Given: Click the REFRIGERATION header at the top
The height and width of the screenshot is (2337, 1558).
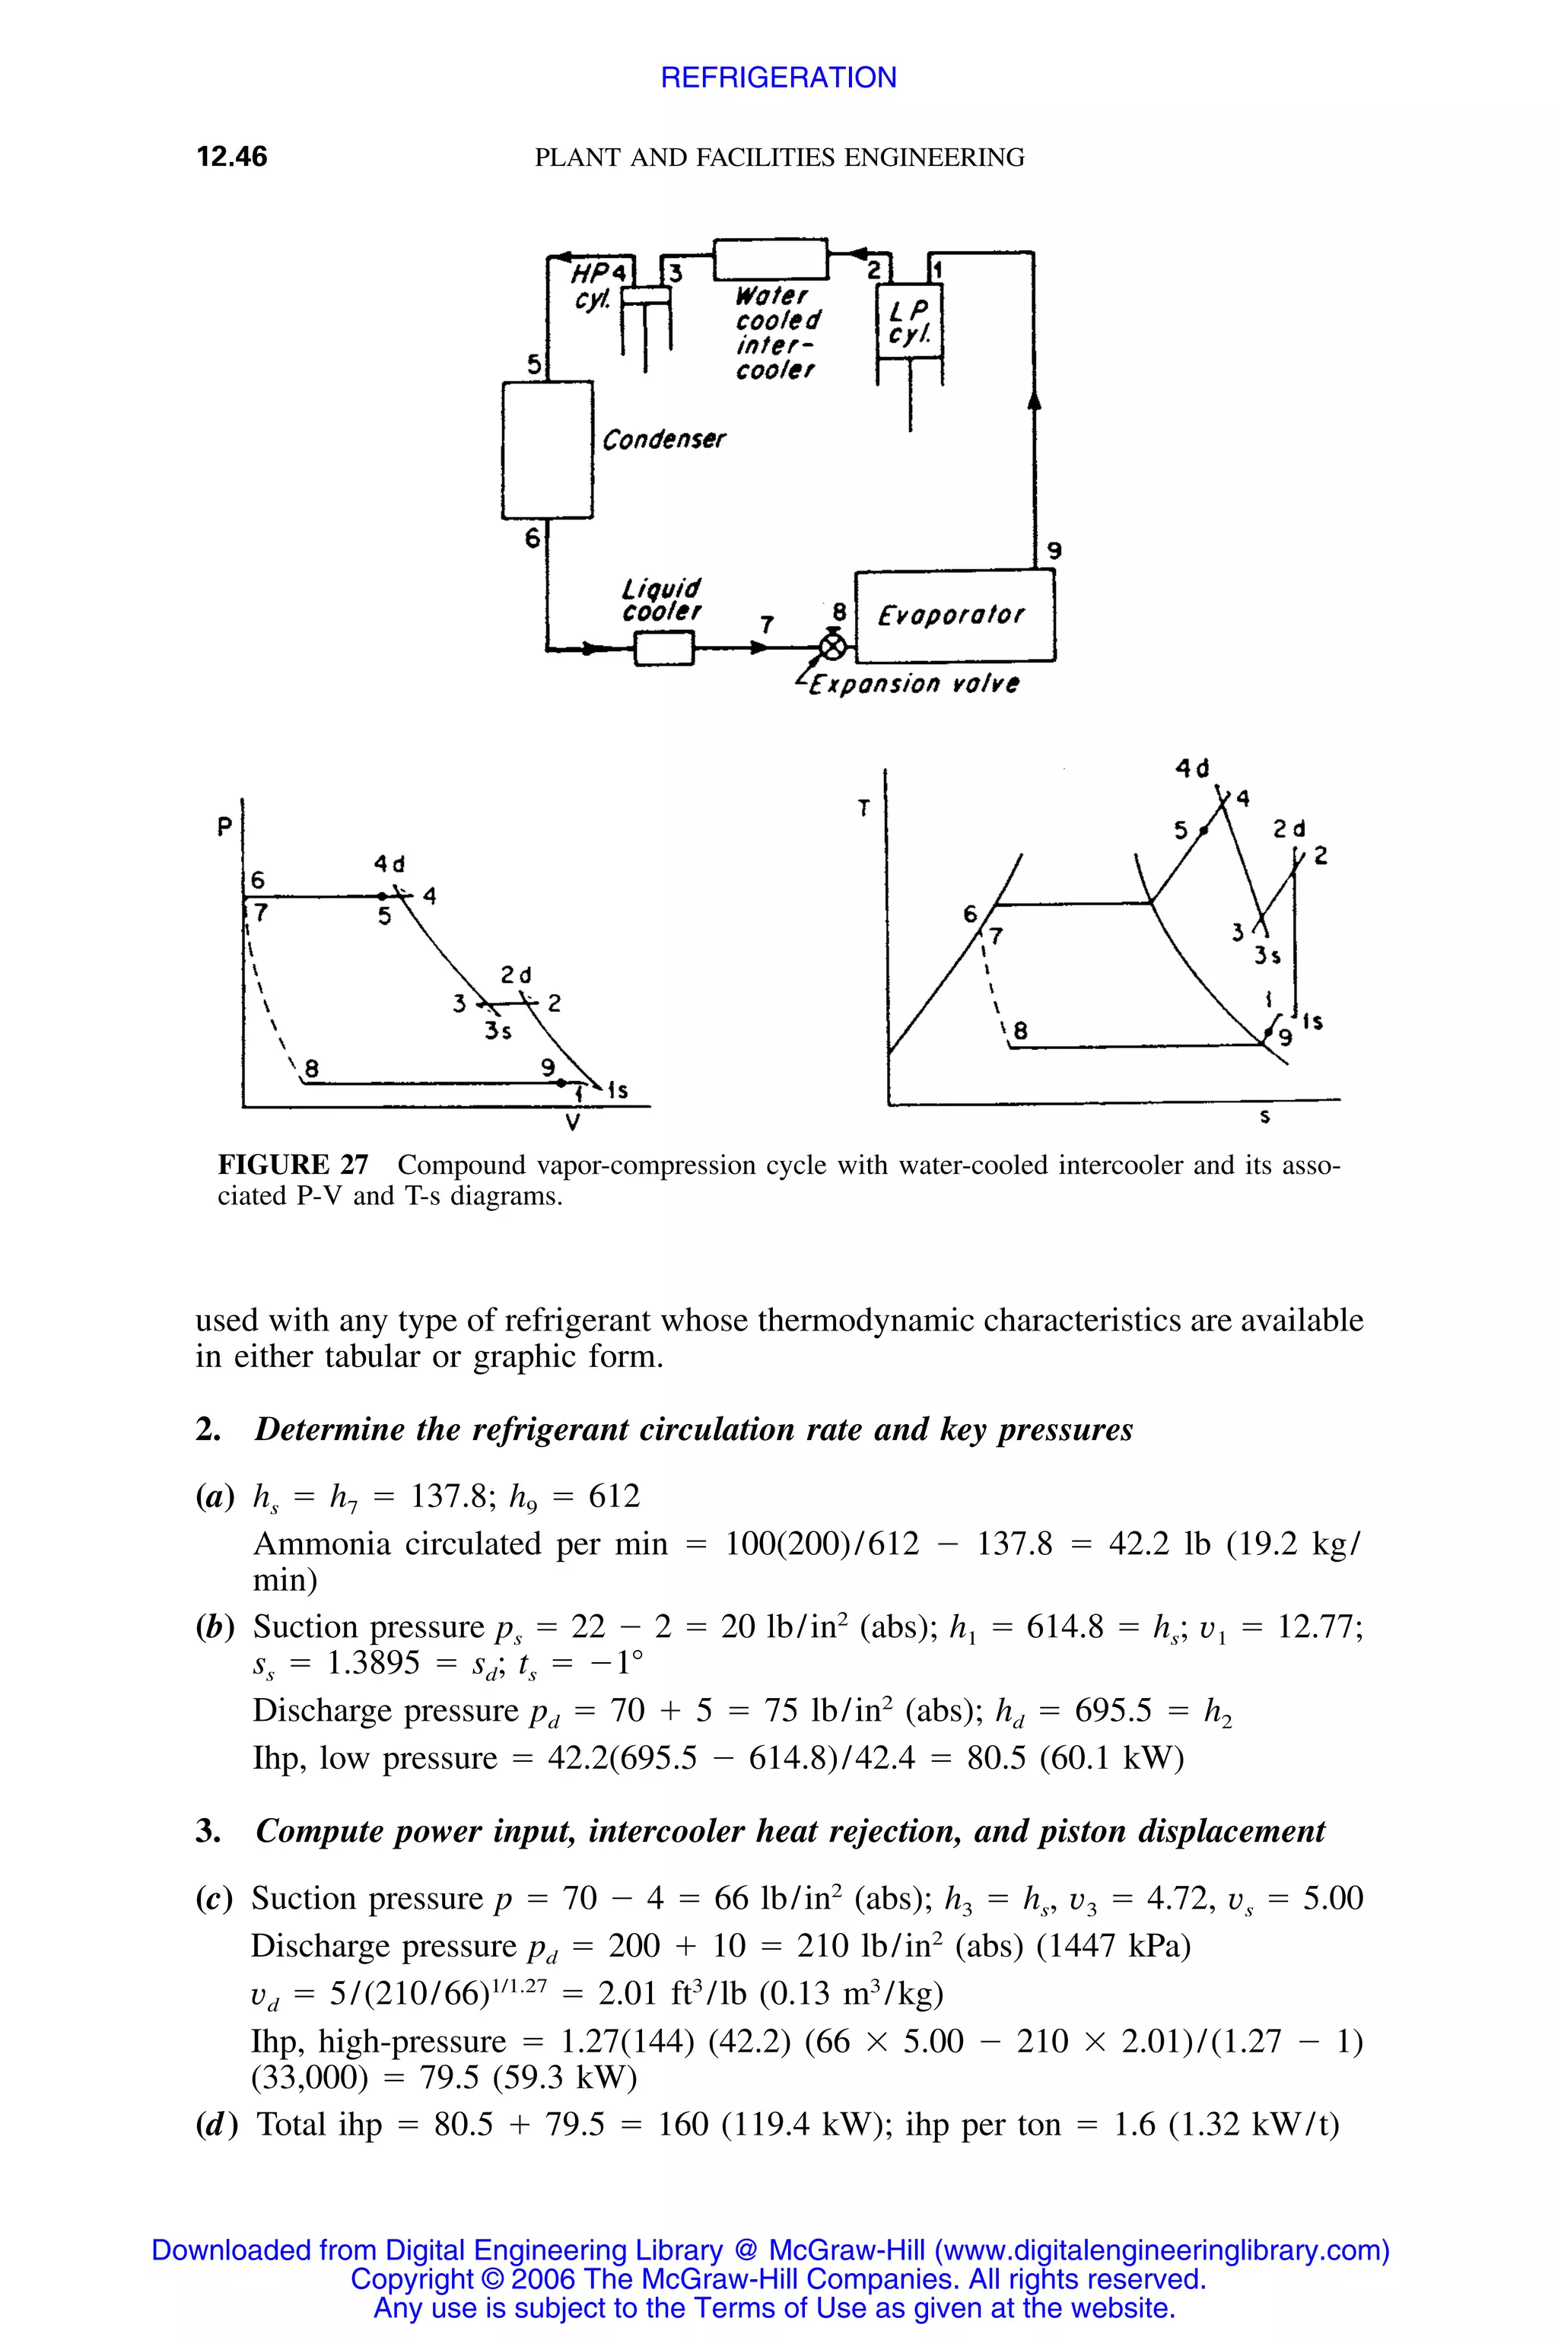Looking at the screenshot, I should (x=778, y=78).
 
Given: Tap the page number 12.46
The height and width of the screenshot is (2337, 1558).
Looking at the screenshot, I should (x=231, y=157).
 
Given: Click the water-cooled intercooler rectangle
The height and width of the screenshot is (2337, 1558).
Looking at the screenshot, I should (x=771, y=259).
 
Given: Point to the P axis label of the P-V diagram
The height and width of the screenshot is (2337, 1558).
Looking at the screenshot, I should (x=224, y=825).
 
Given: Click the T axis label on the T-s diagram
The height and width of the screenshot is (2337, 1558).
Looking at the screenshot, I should (x=863, y=809).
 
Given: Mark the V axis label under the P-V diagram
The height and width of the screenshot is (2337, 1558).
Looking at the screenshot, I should (x=572, y=1124).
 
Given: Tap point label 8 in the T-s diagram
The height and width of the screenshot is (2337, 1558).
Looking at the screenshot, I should (x=1019, y=1032).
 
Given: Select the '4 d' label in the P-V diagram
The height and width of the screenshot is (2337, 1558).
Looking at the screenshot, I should (x=389, y=863).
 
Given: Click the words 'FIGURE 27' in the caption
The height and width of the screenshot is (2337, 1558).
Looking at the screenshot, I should (x=293, y=1165).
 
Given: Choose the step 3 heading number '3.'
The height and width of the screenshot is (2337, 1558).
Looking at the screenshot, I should (x=208, y=1830).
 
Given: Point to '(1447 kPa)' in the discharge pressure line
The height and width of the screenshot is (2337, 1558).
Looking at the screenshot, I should (x=1113, y=1944).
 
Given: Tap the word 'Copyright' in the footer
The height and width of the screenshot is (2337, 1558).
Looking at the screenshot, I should (x=410, y=2278).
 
